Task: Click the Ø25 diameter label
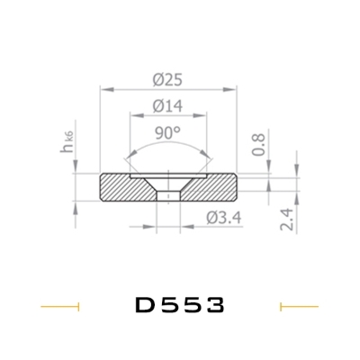click(167, 80)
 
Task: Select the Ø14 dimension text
click(167, 106)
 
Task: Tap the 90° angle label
click(168, 133)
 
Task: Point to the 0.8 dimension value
click(258, 144)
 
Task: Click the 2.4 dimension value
click(287, 220)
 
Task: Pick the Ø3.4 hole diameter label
click(224, 218)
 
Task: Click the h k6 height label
click(67, 142)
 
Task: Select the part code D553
click(180, 305)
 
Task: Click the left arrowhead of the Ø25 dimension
click(107, 89)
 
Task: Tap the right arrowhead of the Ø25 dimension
click(229, 89)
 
